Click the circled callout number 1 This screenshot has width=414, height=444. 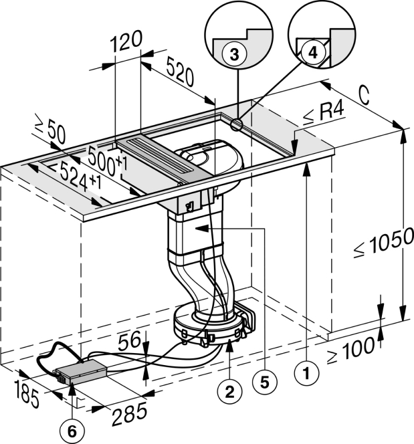306,376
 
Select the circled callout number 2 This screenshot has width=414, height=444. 229,393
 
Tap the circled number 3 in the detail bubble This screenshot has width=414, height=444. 233,57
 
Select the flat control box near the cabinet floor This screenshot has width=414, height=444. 81,371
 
